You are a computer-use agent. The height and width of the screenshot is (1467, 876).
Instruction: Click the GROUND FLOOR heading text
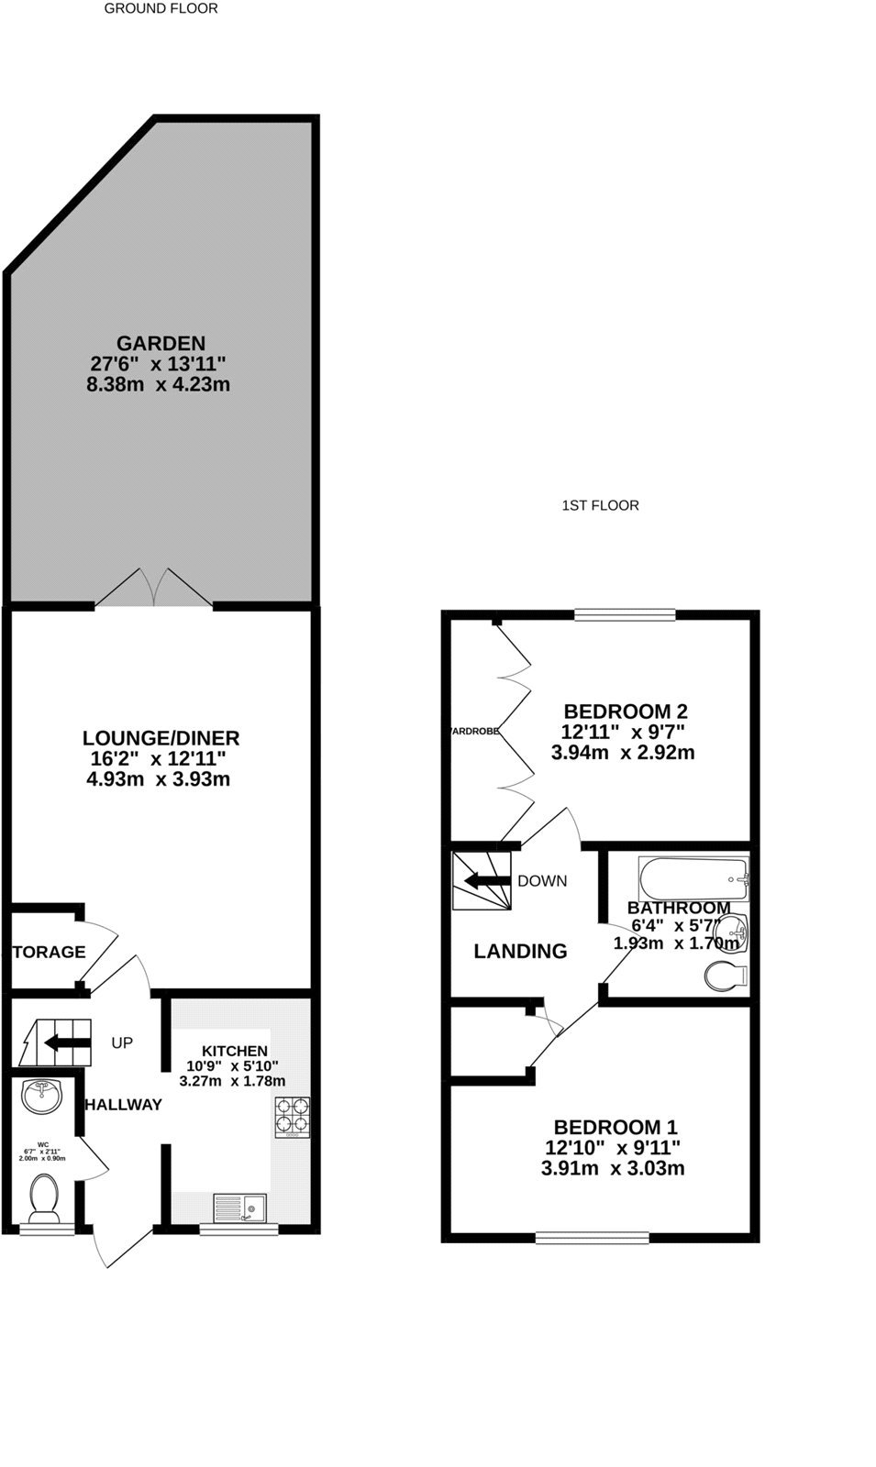[161, 9]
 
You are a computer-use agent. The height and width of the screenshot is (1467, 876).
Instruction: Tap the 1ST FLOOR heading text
[600, 505]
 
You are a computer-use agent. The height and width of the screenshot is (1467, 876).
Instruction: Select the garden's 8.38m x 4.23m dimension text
[158, 385]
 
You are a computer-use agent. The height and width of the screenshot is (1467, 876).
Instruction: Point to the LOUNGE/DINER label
[161, 738]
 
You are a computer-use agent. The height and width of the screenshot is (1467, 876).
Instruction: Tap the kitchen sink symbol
[239, 1208]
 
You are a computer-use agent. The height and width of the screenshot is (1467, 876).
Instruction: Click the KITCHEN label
[235, 1051]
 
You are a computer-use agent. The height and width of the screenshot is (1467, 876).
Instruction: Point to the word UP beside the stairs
[122, 1043]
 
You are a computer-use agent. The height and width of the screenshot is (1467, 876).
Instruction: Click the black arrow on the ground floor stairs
[65, 1042]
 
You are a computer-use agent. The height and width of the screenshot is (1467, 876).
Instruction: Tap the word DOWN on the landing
[542, 881]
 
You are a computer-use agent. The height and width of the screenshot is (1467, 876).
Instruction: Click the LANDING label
[520, 952]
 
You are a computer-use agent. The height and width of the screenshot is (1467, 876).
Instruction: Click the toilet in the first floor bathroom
[726, 976]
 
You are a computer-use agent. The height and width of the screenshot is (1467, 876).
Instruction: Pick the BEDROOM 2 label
[626, 711]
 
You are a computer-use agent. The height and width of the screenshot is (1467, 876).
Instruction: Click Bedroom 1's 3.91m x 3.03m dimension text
[613, 1169]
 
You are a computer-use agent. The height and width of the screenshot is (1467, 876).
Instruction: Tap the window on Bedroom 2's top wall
[626, 615]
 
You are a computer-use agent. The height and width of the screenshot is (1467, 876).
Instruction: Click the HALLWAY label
[123, 1105]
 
